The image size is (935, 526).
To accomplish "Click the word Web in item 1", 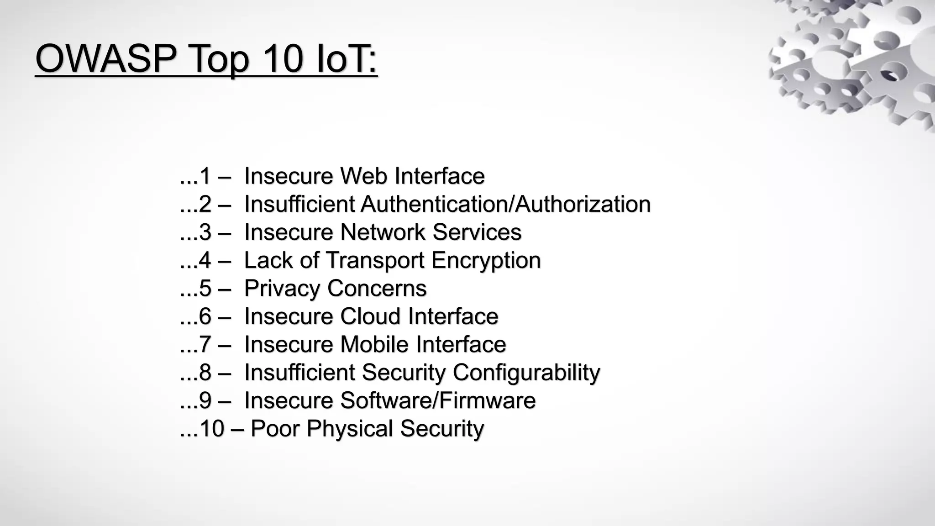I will [364, 176].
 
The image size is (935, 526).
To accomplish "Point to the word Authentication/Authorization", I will [505, 204].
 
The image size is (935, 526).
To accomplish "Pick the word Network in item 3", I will [383, 232].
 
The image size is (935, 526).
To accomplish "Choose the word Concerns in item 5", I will [377, 288].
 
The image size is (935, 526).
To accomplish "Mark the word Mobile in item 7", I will [374, 344].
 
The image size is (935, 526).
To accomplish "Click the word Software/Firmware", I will [437, 400].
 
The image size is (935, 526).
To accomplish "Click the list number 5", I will [205, 288].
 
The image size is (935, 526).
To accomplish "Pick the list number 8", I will [205, 372].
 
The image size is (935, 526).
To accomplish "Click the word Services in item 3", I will [477, 232].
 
